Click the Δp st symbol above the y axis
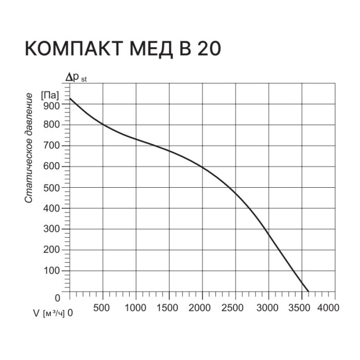coord(76,78)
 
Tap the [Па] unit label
coord(50,95)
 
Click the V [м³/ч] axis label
coord(49,312)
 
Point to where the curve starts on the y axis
coord(70,99)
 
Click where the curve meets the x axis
coord(309,292)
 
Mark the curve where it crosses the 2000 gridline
coord(203,167)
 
